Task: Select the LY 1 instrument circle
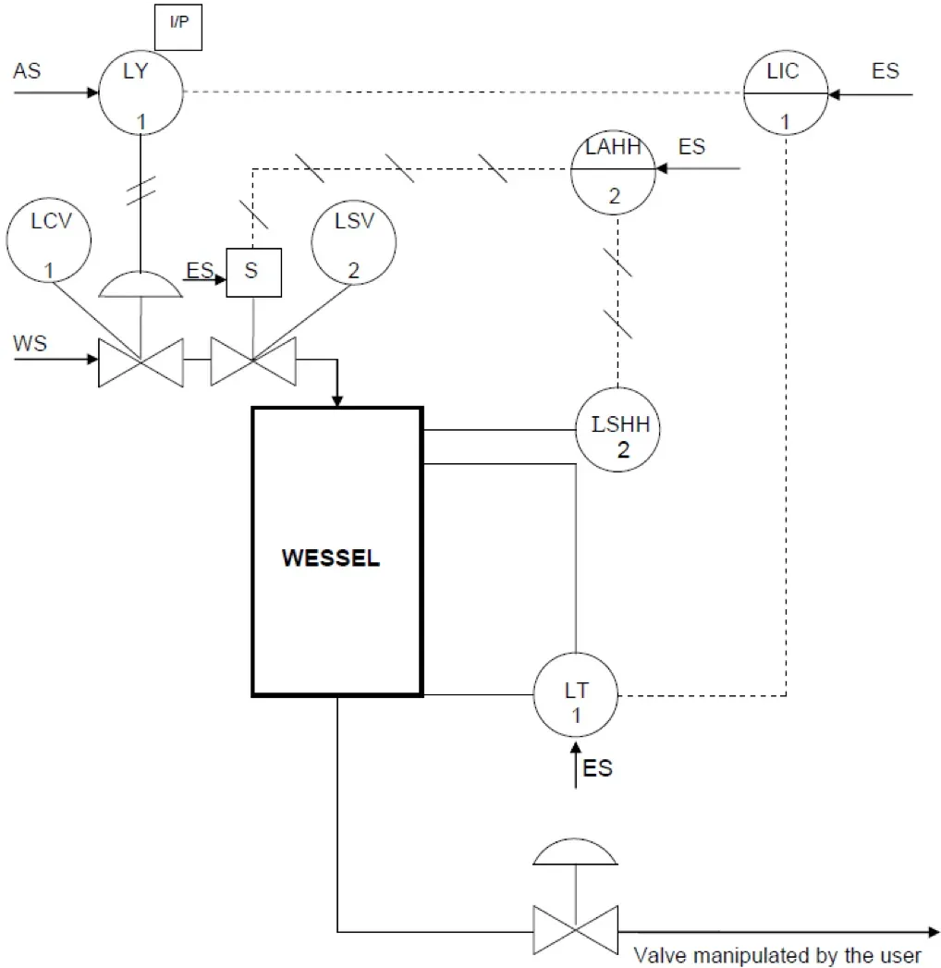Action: (x=141, y=92)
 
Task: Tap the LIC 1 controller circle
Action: (x=786, y=92)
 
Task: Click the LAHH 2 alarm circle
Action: (x=613, y=170)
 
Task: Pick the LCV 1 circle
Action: (x=49, y=243)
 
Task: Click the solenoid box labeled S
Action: (x=253, y=273)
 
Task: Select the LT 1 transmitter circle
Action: (x=576, y=695)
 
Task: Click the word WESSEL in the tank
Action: (x=330, y=559)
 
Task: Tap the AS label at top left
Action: (x=27, y=71)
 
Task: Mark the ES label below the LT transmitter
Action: (x=598, y=768)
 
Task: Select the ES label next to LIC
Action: (x=885, y=71)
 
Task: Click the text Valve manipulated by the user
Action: (x=777, y=955)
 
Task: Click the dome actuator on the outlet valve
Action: (x=575, y=853)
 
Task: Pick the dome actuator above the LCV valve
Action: (x=141, y=286)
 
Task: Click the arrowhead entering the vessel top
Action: (x=337, y=399)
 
